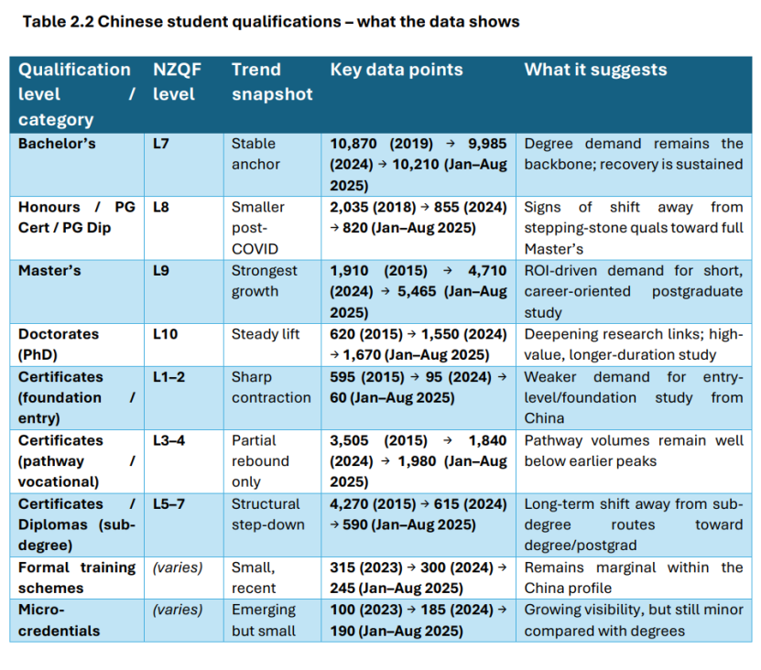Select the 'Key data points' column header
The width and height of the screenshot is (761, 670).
coord(396,70)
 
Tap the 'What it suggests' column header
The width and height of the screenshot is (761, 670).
coord(595,70)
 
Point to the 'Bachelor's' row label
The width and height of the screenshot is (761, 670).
coord(57,144)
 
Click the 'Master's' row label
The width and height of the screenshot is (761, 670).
coord(49,271)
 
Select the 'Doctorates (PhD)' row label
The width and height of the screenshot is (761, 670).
coord(59,345)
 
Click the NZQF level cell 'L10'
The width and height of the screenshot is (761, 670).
coord(166,334)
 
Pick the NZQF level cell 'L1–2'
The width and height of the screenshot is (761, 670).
coord(169,376)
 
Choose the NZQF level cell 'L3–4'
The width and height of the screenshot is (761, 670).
coord(169,440)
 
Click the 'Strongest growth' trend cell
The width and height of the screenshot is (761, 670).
coord(265,281)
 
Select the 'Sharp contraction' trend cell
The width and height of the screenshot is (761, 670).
coord(271,387)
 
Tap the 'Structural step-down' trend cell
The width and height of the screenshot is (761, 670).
coord(266,514)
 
